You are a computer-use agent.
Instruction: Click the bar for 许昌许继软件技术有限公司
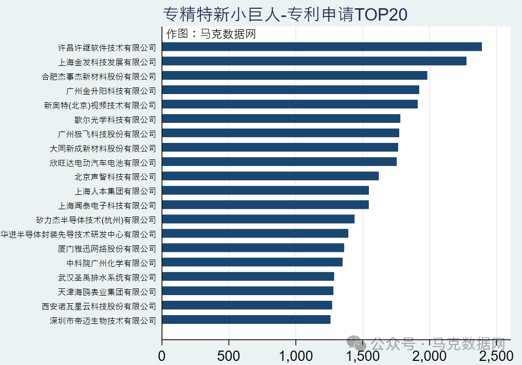(322, 47)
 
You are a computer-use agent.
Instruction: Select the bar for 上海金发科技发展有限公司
(314, 61)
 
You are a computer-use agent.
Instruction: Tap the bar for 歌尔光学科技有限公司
(281, 119)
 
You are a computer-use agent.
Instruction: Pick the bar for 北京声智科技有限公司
(270, 176)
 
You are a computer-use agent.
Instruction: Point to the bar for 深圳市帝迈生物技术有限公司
(246, 320)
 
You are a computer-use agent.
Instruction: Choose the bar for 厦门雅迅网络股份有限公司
(253, 248)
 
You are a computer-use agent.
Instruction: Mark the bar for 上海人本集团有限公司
(265, 191)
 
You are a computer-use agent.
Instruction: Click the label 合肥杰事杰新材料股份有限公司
(99, 77)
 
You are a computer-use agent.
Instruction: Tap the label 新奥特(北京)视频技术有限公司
(100, 105)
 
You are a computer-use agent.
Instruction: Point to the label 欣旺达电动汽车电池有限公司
(103, 163)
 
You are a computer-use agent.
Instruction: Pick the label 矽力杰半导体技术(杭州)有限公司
(96, 221)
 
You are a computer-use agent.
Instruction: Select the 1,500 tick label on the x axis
(362, 356)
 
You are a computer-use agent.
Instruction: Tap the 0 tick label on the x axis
(162, 356)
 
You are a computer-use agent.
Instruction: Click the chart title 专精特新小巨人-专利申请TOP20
(285, 14)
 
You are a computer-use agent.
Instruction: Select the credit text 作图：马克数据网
(211, 34)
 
